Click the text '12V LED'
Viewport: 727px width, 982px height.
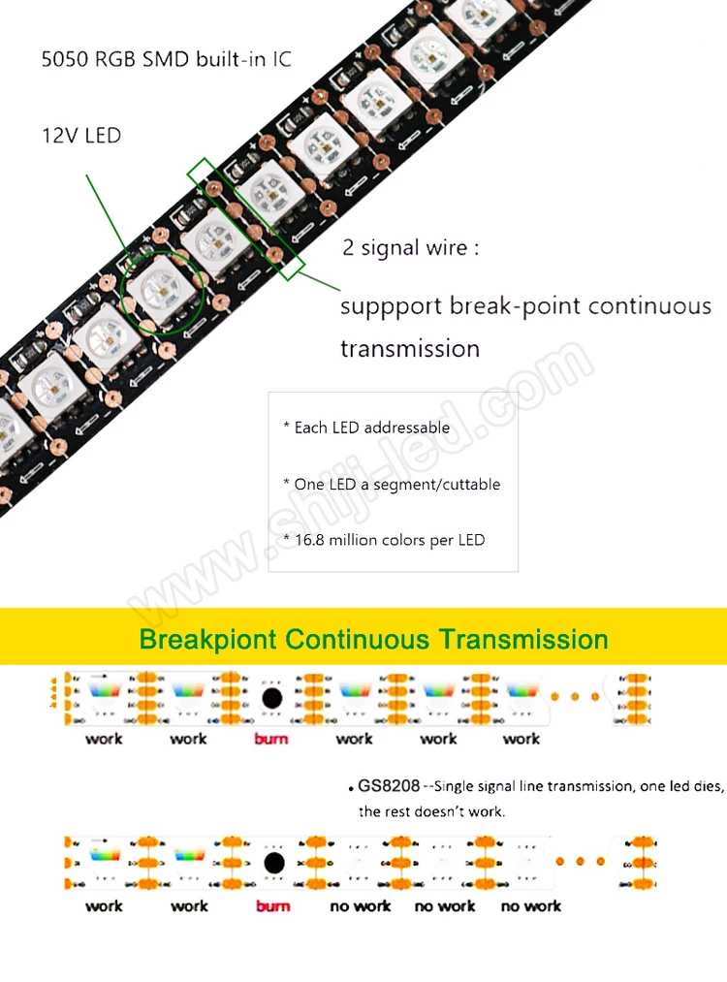pos(81,135)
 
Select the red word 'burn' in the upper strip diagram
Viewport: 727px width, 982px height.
pos(271,739)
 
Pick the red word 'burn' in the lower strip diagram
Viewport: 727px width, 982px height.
pos(272,906)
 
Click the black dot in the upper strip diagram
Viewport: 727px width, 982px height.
pos(272,697)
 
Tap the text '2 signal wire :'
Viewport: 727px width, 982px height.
pos(411,247)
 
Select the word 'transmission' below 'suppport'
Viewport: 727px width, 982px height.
pos(410,348)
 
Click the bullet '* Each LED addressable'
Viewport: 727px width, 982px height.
pos(366,428)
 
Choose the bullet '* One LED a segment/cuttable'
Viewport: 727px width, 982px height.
pos(392,484)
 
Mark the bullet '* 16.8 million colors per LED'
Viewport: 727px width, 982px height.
pos(384,540)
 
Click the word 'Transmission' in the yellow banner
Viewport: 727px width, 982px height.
pos(523,640)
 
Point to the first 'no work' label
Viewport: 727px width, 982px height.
pos(360,906)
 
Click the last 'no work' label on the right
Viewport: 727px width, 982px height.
pos(531,906)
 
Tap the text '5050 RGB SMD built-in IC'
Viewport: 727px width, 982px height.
pos(166,59)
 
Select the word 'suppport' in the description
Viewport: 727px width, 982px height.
pos(391,307)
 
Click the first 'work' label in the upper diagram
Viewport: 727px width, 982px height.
pos(104,739)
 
